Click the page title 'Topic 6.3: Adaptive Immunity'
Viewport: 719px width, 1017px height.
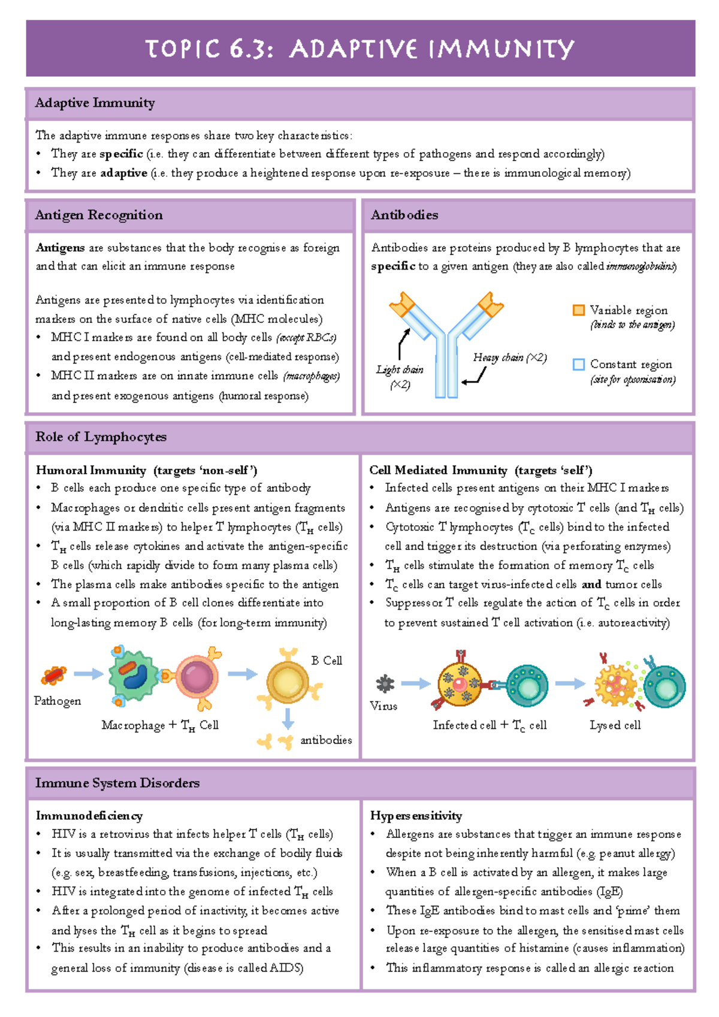[359, 49]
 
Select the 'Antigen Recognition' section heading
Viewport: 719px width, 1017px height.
[99, 215]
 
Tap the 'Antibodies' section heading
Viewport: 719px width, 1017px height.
[404, 215]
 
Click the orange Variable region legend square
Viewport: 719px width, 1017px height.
[578, 310]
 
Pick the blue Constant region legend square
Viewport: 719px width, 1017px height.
[578, 364]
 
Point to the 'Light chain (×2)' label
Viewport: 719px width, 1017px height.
[400, 377]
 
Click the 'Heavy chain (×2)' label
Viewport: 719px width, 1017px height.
[510, 358]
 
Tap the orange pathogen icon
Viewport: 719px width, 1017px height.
[54, 676]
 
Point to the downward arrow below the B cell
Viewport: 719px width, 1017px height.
[288, 718]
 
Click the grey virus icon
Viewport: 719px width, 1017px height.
[385, 683]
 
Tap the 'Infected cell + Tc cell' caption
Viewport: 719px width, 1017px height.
[490, 725]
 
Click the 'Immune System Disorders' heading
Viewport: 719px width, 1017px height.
[117, 783]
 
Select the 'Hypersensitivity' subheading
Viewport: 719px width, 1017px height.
[416, 816]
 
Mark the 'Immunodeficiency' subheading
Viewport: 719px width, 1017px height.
[89, 816]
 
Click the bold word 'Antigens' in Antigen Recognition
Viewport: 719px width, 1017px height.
[60, 248]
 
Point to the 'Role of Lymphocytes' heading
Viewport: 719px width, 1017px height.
[101, 437]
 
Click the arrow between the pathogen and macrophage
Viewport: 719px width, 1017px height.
[88, 674]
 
